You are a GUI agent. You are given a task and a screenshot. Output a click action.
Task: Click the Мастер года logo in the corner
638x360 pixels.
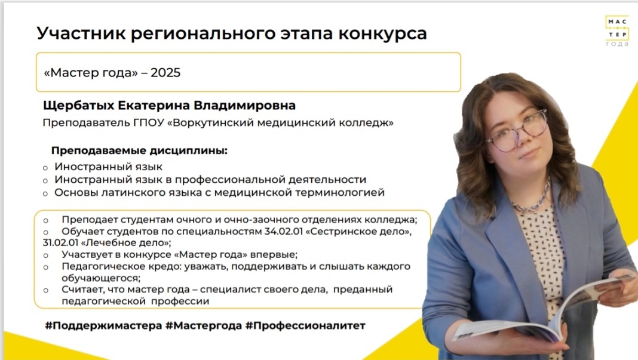(617, 31)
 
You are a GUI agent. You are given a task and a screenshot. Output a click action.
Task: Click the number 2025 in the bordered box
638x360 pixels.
(165, 72)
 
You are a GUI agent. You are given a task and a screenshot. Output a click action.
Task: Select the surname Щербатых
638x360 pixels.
(78, 105)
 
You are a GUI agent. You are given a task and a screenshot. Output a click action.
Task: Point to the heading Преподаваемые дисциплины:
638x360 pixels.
(139, 150)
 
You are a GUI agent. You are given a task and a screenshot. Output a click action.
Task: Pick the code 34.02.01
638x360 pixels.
(283, 231)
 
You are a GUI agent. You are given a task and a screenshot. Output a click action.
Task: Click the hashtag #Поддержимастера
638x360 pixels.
(103, 325)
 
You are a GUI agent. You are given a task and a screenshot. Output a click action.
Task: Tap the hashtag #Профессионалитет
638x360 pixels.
(305, 325)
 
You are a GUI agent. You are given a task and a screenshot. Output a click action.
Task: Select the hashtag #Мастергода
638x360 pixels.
(204, 325)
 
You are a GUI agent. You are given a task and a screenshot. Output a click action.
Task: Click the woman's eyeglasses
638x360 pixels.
(517, 131)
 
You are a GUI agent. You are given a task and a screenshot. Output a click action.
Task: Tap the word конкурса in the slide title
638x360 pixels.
(382, 33)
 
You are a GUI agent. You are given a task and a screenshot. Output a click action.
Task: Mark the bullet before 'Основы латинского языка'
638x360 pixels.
(45, 193)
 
